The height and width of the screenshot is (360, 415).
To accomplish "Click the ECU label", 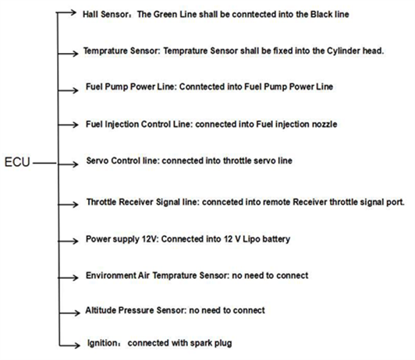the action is point(17,162).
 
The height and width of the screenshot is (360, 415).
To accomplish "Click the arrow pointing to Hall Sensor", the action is point(66,12).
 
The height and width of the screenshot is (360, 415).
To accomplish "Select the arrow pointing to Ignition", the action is point(69,345).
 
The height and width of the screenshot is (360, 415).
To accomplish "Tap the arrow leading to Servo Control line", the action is point(68,164).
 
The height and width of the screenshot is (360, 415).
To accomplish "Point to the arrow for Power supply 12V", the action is point(68,241).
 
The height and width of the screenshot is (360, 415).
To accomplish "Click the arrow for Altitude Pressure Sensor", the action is point(69,313).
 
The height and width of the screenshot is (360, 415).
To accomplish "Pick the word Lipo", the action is point(251,239).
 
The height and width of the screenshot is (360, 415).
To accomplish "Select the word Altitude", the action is point(101,310).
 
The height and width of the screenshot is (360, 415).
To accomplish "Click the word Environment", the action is point(111,275).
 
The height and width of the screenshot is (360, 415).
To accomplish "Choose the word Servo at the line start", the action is point(98,161).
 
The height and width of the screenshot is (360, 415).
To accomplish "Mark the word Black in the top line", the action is point(321,14).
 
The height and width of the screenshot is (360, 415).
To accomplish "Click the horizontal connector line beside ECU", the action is point(44,163).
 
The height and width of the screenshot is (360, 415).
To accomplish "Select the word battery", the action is point(277,239).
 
